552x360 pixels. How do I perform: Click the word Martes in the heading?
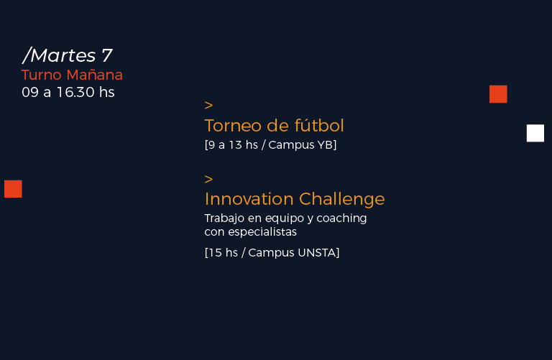tap(63, 55)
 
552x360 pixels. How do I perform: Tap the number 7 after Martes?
tap(107, 55)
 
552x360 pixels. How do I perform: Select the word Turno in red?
tap(42, 75)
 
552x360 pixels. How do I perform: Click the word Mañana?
tap(95, 75)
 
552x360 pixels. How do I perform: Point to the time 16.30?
tap(75, 92)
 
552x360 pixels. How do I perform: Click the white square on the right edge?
tap(535, 133)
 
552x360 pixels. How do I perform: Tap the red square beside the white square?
tap(498, 94)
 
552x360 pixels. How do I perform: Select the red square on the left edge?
tap(13, 188)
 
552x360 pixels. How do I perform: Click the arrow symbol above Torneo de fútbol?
tap(208, 105)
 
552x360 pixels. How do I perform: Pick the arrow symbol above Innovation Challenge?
tap(208, 179)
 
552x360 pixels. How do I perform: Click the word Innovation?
tap(249, 199)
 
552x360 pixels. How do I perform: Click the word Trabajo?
tap(224, 218)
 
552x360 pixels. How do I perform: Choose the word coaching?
tap(341, 218)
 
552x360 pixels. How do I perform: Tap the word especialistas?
tap(262, 232)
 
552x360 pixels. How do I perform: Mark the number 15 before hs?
tap(216, 253)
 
